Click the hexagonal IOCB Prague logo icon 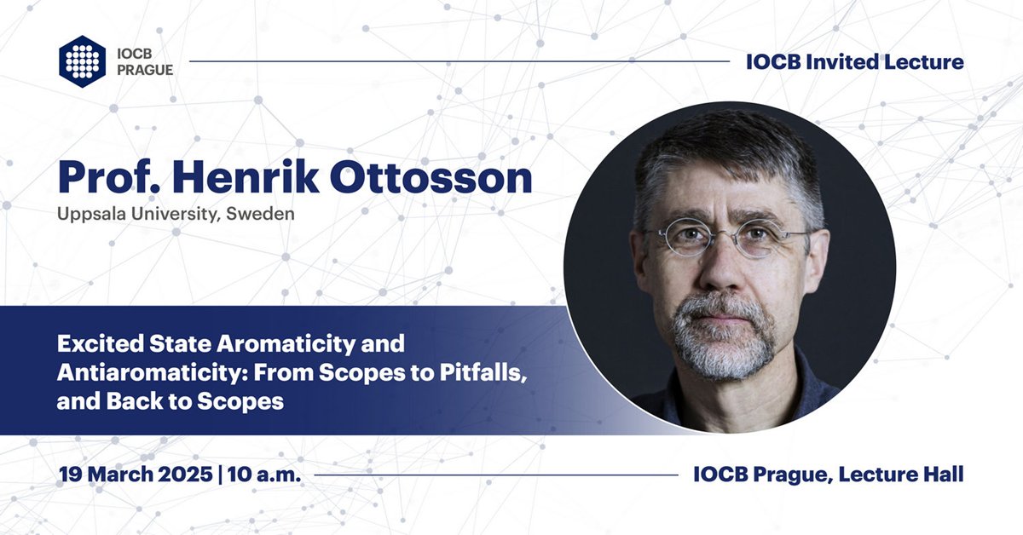click(x=82, y=60)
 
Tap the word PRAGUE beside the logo click(x=144, y=70)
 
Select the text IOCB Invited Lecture click(x=854, y=61)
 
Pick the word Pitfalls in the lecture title click(x=464, y=372)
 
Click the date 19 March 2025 click(x=135, y=475)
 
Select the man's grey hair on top click(x=725, y=145)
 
